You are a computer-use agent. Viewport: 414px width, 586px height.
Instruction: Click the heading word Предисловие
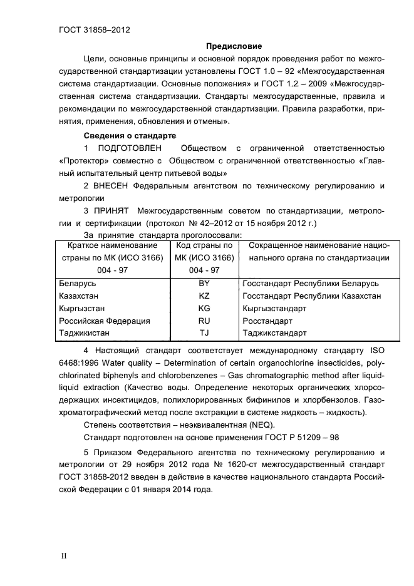pos(234,46)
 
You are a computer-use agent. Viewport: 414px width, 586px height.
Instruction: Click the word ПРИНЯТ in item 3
pos(112,210)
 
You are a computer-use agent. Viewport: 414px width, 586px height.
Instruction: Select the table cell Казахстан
pos(78,296)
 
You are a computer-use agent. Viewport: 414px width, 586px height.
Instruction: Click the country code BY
pos(204,283)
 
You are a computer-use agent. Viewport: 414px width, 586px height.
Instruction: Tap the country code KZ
pos(204,296)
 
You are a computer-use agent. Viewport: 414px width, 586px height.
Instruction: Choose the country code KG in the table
pos(204,308)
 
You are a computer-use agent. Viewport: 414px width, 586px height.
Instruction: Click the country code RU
pos(204,321)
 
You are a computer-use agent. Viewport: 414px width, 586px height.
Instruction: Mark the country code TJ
pos(204,333)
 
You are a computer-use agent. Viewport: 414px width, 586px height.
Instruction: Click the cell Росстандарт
pos(266,321)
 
